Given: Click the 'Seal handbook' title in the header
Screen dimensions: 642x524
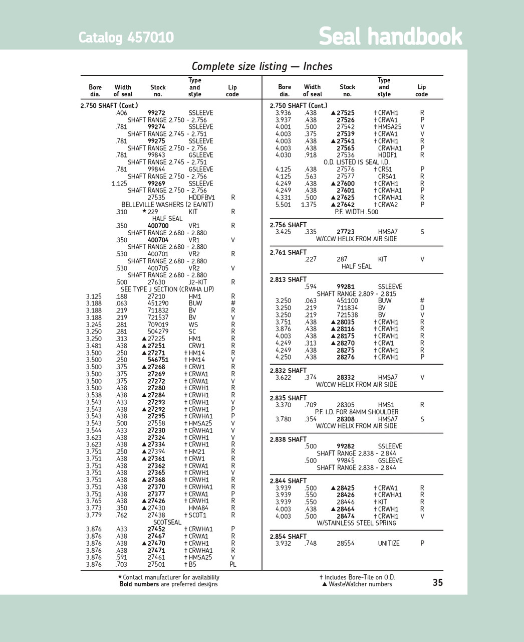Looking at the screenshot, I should [x=390, y=37].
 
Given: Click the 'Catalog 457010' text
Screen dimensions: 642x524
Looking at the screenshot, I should [x=126, y=38].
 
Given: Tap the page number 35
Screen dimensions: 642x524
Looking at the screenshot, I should [x=437, y=582].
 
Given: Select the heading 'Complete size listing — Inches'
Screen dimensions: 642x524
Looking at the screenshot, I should [x=262, y=66].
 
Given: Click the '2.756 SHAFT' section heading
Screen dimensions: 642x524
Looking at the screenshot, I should [x=288, y=225].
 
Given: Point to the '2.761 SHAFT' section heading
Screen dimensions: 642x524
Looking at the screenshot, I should [x=288, y=252].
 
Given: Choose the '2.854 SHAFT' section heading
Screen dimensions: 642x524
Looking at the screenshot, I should [x=288, y=536].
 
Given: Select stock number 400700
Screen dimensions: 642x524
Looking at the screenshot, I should [x=158, y=226].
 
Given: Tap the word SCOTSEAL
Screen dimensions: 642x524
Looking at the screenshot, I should [x=167, y=522].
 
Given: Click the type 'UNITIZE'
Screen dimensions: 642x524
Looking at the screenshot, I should [x=389, y=543].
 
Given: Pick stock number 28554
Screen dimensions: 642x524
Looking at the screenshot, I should [x=345, y=543].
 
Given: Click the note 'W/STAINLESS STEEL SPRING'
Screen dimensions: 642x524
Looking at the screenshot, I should [x=356, y=523].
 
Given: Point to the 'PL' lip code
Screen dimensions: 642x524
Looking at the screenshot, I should [x=233, y=564].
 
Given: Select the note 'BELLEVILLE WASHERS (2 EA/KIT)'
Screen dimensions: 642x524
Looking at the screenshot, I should [x=167, y=205].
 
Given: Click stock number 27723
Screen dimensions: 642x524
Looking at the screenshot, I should [x=345, y=232].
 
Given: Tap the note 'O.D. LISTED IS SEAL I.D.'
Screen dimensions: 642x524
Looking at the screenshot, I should [x=356, y=162].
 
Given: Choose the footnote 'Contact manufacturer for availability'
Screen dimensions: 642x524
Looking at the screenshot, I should [x=171, y=577].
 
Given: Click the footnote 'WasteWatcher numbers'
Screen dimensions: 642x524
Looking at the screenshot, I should [x=360, y=584].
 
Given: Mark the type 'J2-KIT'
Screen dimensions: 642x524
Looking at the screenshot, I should [x=197, y=282].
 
